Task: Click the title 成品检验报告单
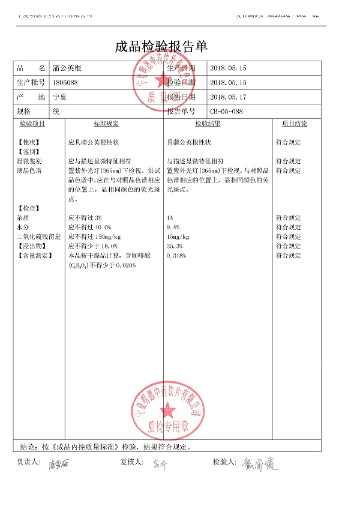[161, 47]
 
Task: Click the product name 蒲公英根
[67, 68]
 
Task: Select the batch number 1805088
[65, 83]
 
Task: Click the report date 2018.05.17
[228, 97]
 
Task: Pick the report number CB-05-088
[226, 112]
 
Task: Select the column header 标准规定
[106, 124]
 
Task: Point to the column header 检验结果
[208, 124]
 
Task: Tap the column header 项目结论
[294, 124]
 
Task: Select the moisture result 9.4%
[173, 227]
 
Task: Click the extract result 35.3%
[175, 246]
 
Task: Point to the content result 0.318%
[176, 256]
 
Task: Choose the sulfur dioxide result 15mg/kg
[178, 236]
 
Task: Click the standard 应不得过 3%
[85, 218]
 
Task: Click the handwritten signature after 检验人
[260, 465]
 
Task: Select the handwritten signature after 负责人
[60, 465]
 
